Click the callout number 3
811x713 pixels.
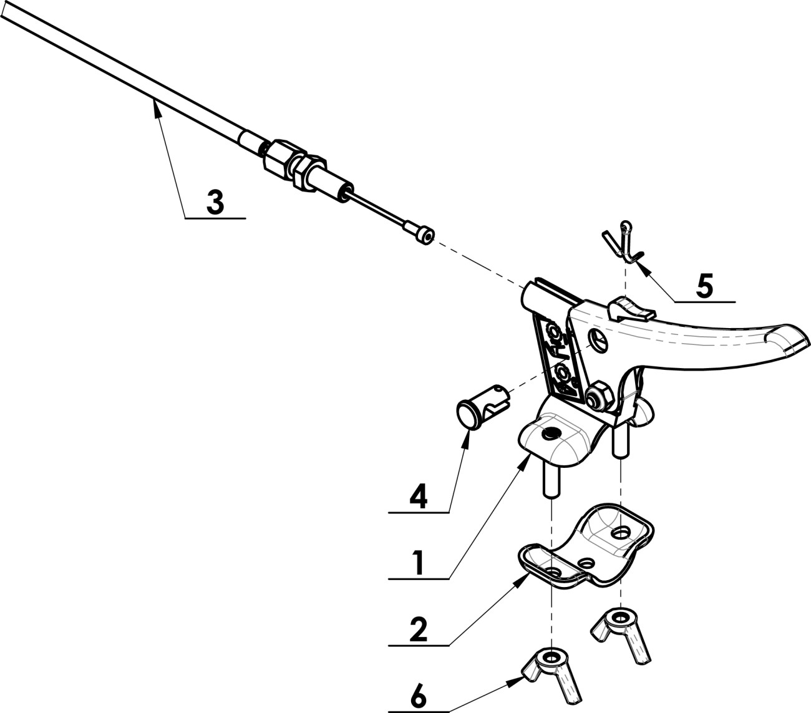[215, 203]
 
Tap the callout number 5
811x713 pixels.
[704, 286]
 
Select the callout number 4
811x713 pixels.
[419, 498]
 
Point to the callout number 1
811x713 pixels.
[419, 564]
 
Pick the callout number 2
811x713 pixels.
[419, 630]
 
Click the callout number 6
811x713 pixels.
[419, 697]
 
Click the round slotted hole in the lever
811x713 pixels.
[597, 339]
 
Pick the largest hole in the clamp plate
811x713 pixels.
[619, 532]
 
